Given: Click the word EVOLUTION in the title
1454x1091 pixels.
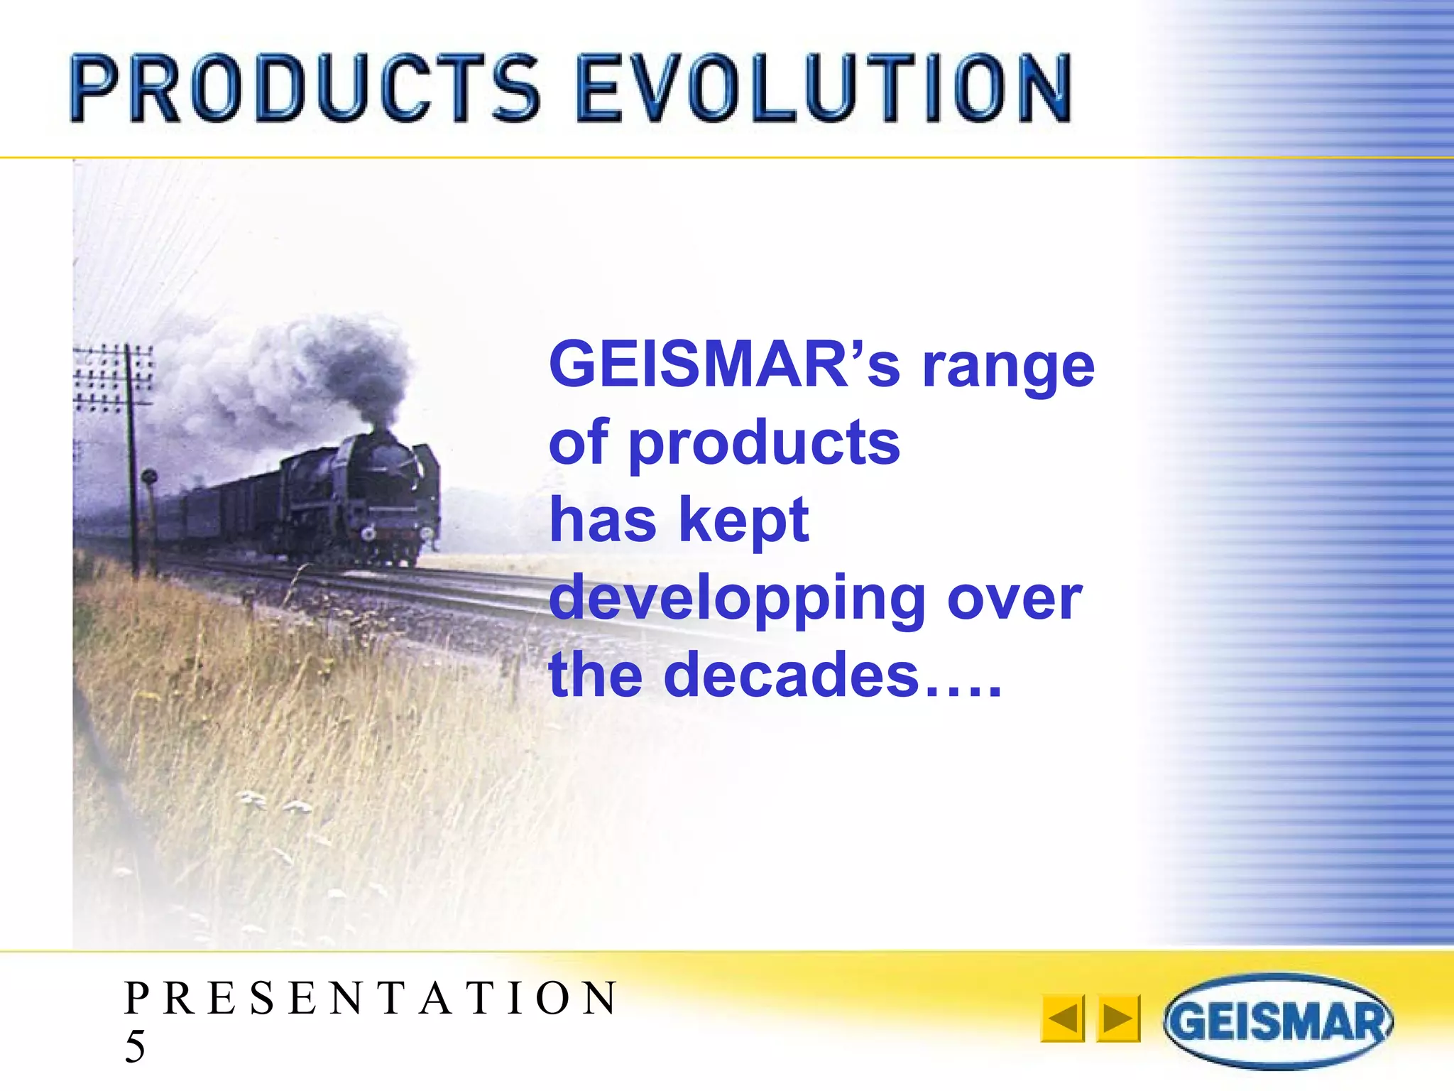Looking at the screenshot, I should coord(824,89).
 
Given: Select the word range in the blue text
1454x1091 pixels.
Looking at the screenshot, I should coord(1008,368).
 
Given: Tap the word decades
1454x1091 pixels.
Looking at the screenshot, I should coord(792,675).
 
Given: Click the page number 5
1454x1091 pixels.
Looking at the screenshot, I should coord(135,1046).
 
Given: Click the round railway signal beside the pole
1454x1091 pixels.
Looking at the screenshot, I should coord(149,477).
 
